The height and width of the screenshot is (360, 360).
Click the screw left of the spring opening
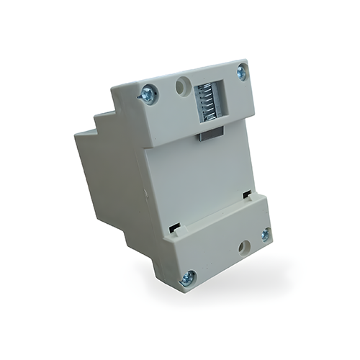tap(149, 93)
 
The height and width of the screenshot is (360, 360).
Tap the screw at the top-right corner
tap(241, 71)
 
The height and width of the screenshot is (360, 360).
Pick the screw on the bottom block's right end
tap(265, 234)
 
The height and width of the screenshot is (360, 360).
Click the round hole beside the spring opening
tap(181, 87)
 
